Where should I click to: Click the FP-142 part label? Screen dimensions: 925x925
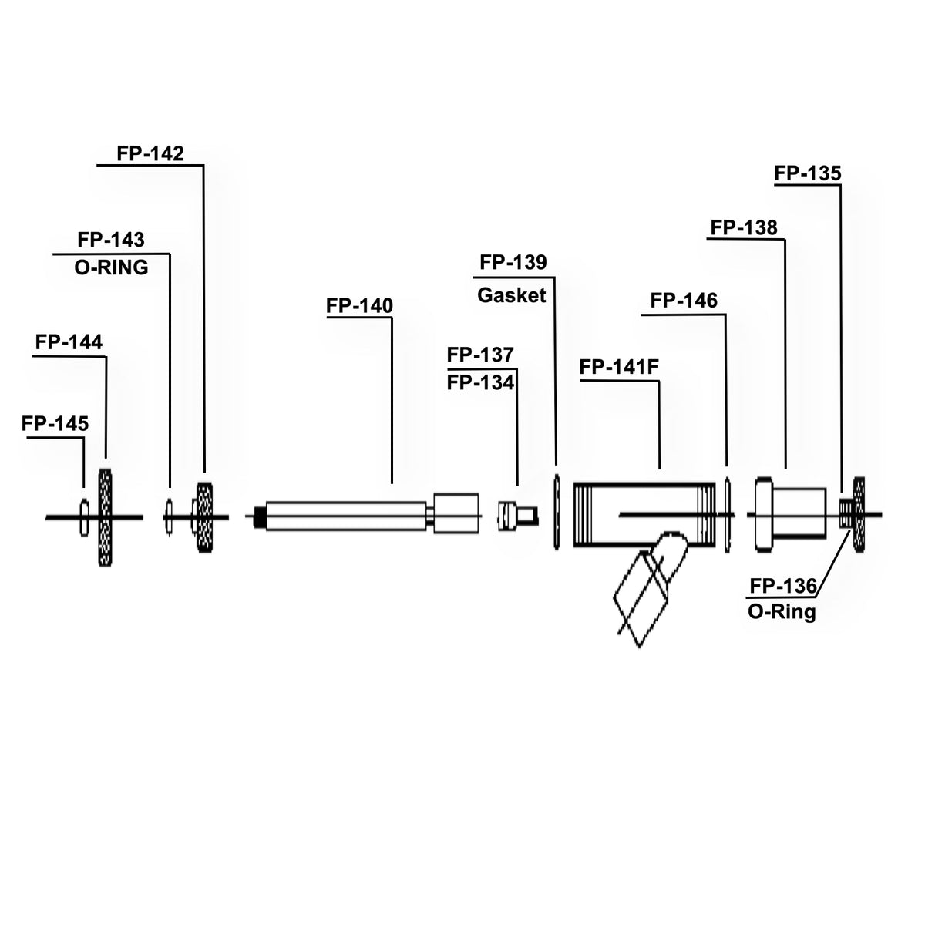pos(150,153)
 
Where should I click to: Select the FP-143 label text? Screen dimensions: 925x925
pos(111,240)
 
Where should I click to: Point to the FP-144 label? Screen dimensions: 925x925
pos(69,341)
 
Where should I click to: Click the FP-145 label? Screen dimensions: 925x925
pos(55,423)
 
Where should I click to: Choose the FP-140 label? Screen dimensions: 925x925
pos(360,306)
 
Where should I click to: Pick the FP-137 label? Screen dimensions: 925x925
pos(480,355)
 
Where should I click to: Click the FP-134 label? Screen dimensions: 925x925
pos(480,382)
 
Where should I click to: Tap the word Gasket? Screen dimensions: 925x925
pos(512,295)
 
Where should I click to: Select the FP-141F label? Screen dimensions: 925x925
pos(619,368)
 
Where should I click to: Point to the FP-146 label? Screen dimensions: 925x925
pos(684,301)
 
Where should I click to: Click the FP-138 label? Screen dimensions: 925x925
pos(744,228)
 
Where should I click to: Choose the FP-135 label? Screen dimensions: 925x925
pos(808,173)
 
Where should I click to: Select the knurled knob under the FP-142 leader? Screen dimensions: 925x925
pos(205,516)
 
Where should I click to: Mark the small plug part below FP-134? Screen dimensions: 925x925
pos(512,514)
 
